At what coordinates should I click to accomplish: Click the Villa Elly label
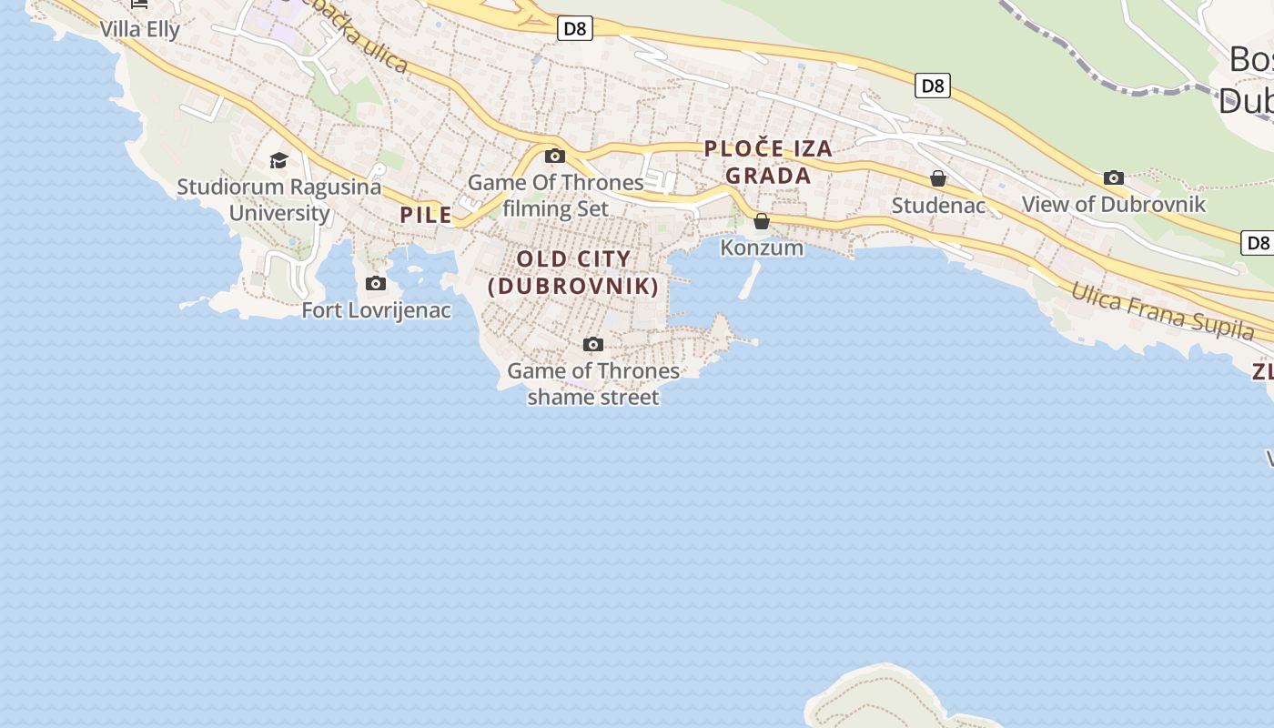[140, 29]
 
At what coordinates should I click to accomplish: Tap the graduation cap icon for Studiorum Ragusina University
[278, 161]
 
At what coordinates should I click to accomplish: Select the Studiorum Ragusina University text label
[279, 200]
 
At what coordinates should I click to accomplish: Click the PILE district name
[426, 215]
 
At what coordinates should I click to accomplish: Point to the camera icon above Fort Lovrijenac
[375, 284]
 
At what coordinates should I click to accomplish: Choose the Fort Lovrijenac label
[376, 310]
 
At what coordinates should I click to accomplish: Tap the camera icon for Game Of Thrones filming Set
[554, 156]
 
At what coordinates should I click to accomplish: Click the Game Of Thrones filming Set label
[555, 196]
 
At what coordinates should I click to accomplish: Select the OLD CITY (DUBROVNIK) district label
[573, 272]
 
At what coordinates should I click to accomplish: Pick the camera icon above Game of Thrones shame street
[593, 344]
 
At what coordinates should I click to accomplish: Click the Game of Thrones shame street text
[593, 384]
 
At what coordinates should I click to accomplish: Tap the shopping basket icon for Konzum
[762, 221]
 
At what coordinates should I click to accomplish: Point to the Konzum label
[762, 248]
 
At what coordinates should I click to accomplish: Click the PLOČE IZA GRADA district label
[768, 162]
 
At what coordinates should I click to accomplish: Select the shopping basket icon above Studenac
[938, 178]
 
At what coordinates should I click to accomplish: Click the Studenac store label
[938, 206]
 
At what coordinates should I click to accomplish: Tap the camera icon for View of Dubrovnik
[1113, 177]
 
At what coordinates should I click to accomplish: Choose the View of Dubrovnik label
[1113, 205]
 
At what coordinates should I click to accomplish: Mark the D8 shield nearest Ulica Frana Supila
[1258, 243]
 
